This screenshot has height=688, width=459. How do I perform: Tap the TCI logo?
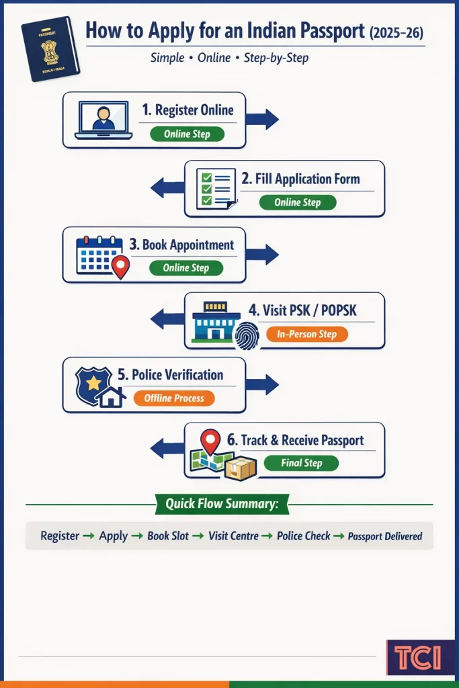click(419, 656)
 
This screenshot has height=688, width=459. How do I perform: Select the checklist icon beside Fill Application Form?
click(216, 189)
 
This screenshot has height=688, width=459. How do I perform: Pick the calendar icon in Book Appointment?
click(99, 255)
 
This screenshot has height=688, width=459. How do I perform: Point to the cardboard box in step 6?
click(241, 468)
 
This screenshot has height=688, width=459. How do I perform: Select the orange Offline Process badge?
click(174, 398)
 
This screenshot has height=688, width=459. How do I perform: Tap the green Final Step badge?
click(301, 463)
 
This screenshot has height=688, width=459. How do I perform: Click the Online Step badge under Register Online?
click(187, 134)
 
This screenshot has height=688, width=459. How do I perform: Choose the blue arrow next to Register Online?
click(261, 120)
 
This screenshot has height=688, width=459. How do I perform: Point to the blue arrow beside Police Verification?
click(261, 385)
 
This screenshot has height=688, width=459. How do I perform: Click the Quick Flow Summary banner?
click(222, 504)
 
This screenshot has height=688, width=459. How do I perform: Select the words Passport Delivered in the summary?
click(385, 536)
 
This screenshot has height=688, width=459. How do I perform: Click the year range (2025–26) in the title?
click(396, 32)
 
